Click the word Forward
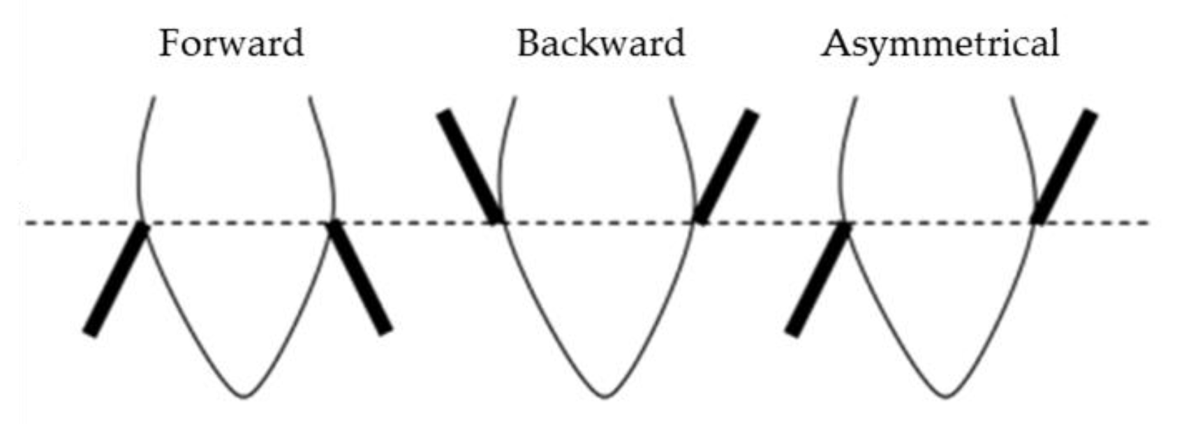pyautogui.click(x=231, y=43)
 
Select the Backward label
pyautogui.click(x=600, y=43)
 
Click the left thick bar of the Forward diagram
pyautogui.click(x=117, y=279)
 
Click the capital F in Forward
pyautogui.click(x=169, y=43)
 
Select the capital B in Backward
pyautogui.click(x=528, y=43)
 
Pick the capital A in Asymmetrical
pyautogui.click(x=836, y=43)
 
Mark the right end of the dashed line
pyautogui.click(x=1148, y=224)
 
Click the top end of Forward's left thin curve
pyautogui.click(x=154, y=98)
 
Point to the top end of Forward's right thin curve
pyautogui.click(x=310, y=98)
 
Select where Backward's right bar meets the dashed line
pyautogui.click(x=700, y=221)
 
